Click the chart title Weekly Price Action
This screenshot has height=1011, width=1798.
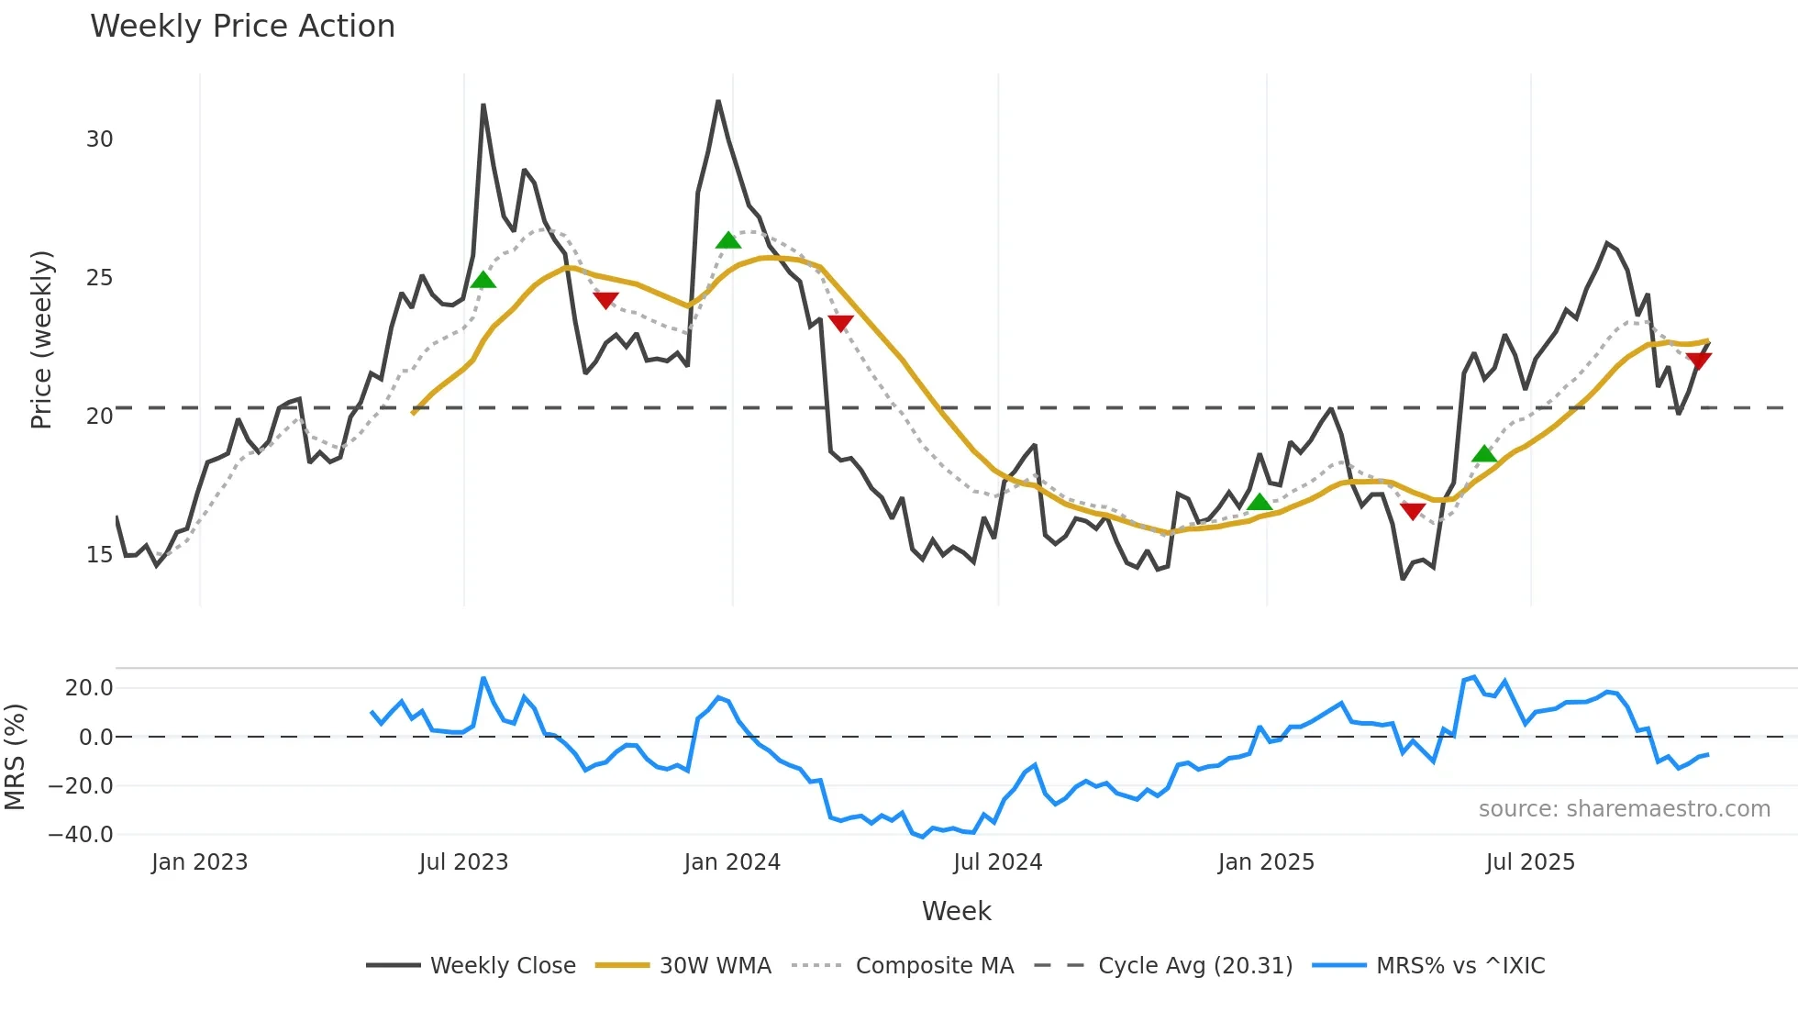tap(242, 27)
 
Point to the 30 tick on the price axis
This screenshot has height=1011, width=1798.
tap(99, 139)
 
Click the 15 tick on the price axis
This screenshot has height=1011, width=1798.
tap(99, 555)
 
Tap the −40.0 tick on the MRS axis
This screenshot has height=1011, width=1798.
tap(81, 835)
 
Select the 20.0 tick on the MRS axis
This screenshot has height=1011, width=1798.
tap(88, 688)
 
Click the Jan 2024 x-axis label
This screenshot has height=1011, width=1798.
tap(732, 862)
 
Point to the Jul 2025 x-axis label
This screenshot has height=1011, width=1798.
tap(1530, 862)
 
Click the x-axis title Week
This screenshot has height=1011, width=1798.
tap(956, 911)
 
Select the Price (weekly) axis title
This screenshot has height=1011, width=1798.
tap(41, 339)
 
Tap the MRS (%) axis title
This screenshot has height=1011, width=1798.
tap(15, 757)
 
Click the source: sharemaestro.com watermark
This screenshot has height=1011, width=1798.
tap(1624, 809)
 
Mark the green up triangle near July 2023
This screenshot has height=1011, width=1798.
tap(483, 280)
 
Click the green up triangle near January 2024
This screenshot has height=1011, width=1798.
tap(728, 240)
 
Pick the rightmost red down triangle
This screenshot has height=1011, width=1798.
tap(1698, 361)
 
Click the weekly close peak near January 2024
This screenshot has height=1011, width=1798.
tap(718, 101)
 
